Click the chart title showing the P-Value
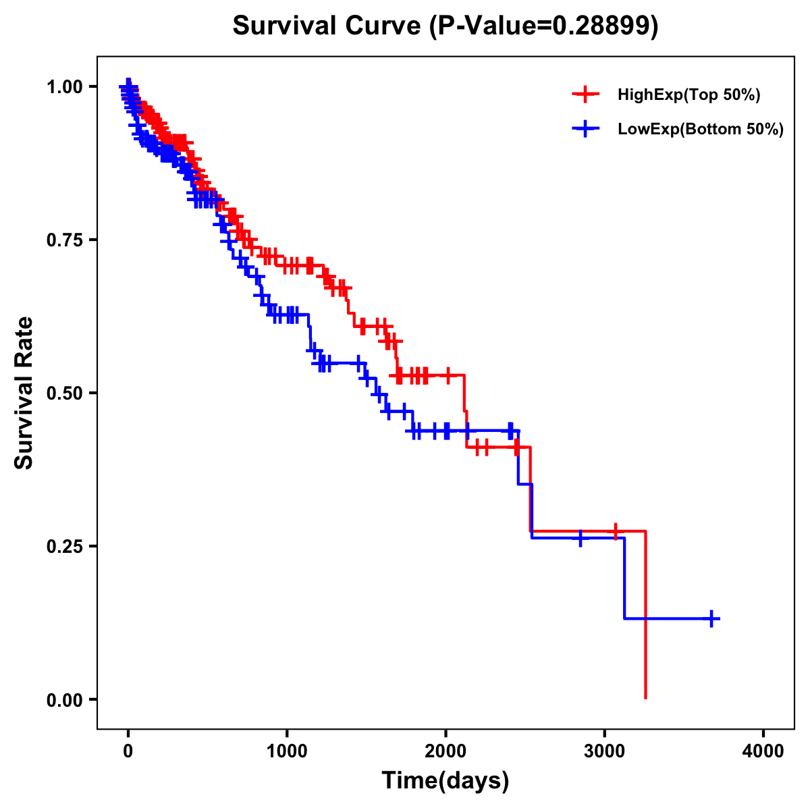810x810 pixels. point(445,26)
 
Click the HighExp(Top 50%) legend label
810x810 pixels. point(689,95)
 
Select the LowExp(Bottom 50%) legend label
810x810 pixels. point(701,130)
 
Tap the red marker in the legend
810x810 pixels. point(585,95)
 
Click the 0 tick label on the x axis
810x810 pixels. point(128,751)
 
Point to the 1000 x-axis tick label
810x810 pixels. point(287,751)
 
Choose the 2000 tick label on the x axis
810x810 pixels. point(446,751)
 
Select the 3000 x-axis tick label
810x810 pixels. point(605,751)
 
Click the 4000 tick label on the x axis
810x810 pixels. point(763,751)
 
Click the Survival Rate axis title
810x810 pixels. point(25,393)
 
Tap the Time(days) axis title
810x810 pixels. point(446,781)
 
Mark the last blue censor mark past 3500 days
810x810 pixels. point(711,618)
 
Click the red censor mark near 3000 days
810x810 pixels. point(615,531)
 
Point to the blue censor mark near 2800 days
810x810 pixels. point(580,538)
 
